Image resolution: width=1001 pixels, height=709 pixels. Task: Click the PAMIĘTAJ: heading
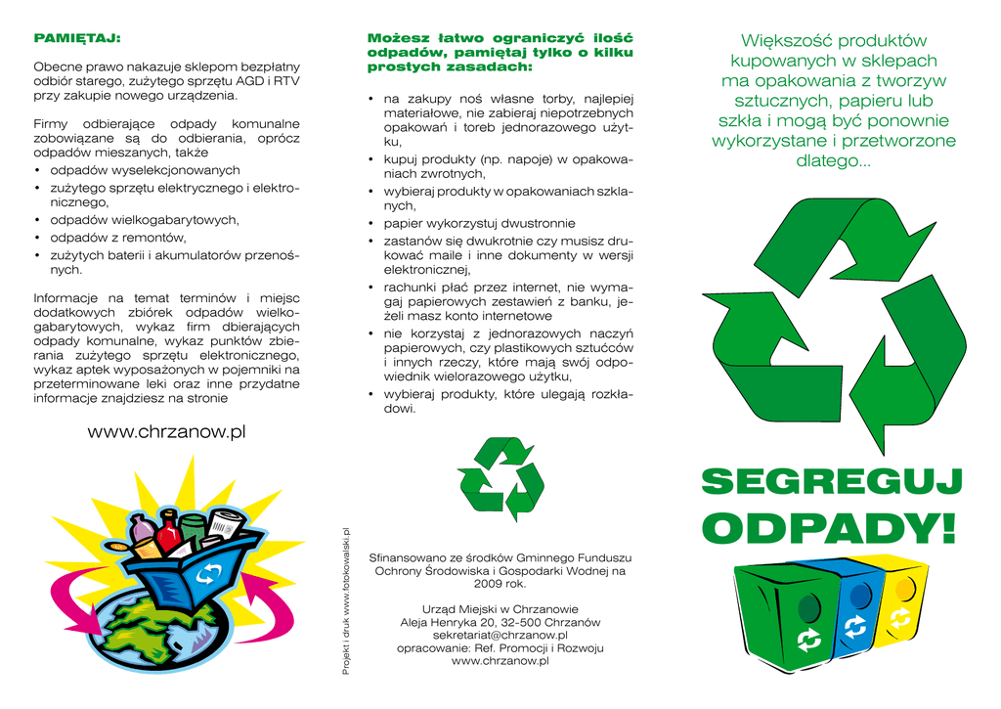point(77,38)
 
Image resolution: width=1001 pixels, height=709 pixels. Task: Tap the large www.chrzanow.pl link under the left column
point(166,432)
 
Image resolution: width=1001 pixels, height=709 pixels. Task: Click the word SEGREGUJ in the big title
point(832,482)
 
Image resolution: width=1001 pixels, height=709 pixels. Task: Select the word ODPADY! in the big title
point(832,529)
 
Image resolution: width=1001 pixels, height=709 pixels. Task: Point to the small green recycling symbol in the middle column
point(500,479)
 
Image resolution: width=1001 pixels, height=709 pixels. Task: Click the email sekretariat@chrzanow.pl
point(500,635)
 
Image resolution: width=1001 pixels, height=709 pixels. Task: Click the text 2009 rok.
point(500,584)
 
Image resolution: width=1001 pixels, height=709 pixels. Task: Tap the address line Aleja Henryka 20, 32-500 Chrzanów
point(500,622)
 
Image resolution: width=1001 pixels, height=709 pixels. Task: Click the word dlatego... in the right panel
point(833,161)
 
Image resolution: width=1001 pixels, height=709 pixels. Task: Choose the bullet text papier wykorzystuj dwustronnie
point(479,223)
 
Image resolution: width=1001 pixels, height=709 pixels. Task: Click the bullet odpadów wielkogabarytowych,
point(145,220)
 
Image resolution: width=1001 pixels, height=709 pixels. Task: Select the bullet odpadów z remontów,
point(118,238)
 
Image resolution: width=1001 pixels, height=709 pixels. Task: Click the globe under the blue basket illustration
point(166,636)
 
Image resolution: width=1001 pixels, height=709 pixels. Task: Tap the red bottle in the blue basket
point(168,532)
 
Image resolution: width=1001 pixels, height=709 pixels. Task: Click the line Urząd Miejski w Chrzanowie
point(500,609)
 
